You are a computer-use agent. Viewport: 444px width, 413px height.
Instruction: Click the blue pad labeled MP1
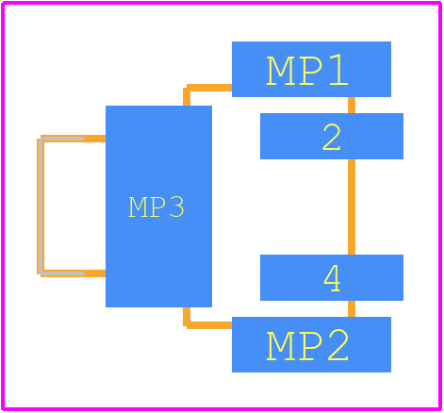coord(311,69)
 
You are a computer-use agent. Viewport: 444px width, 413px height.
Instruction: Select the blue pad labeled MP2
coord(311,344)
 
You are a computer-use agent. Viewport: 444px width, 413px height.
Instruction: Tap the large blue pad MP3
coord(158,206)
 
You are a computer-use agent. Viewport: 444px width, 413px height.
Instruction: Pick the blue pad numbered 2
coord(332,136)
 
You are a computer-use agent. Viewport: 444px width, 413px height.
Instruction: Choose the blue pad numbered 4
coord(332,277)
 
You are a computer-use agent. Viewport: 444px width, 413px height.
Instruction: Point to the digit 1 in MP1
coord(338,70)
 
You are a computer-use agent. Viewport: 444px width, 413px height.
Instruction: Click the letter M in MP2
coord(281,345)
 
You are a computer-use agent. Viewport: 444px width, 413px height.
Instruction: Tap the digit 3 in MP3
coord(176,206)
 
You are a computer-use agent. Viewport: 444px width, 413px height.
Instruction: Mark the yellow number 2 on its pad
coord(332,137)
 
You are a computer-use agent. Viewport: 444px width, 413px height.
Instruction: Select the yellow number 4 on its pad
coord(332,278)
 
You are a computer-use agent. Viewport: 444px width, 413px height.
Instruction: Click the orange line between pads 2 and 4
coord(352,206)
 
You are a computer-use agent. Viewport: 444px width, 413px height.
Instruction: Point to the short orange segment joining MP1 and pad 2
coord(352,105)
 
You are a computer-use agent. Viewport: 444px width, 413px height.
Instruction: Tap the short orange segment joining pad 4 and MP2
coord(352,308)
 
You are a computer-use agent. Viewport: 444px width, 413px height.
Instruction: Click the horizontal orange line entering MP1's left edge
coord(209,88)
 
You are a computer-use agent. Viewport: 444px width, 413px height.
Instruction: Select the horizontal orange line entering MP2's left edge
coord(209,325)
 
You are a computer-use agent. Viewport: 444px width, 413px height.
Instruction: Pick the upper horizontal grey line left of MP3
coord(62,139)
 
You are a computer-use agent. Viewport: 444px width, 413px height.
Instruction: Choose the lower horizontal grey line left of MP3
coord(62,273)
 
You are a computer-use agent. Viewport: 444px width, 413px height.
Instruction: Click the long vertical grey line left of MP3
coord(41,206)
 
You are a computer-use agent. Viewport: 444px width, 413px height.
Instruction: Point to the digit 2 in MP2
coord(338,345)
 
